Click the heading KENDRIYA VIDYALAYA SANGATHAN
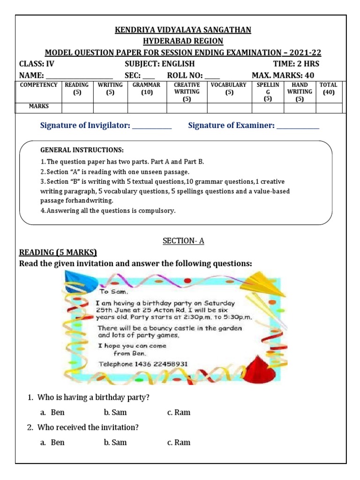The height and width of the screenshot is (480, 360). pos(183,30)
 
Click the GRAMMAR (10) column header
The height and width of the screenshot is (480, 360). pos(146,89)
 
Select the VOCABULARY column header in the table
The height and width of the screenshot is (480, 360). pos(229,89)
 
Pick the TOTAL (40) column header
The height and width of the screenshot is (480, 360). pos(328,89)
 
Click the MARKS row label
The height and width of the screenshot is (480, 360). pos(39,107)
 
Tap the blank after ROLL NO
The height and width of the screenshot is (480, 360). pos(212,76)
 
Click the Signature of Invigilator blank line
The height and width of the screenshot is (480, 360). pos(152,126)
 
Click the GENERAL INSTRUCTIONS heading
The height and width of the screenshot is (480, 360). pos(82,150)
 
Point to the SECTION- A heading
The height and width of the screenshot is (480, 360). pos(183,241)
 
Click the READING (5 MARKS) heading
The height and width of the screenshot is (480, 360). pos(58,253)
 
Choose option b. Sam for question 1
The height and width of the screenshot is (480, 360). pos(115,412)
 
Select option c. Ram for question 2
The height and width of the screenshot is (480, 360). pos(179,442)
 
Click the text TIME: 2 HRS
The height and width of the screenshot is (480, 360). pos(297,64)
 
